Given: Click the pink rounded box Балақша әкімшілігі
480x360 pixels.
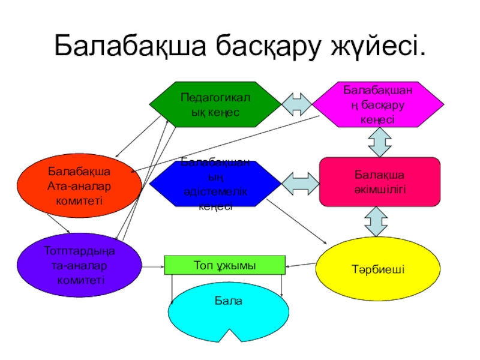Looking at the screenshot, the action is (x=379, y=182).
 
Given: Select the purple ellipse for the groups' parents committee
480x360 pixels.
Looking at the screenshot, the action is (x=79, y=264).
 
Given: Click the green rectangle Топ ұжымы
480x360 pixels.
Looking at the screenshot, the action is (x=224, y=265).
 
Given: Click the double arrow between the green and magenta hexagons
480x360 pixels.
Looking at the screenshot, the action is (x=297, y=104).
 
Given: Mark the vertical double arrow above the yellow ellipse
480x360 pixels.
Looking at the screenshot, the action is (x=377, y=221).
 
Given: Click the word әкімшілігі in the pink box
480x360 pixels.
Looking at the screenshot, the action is (x=379, y=188).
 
